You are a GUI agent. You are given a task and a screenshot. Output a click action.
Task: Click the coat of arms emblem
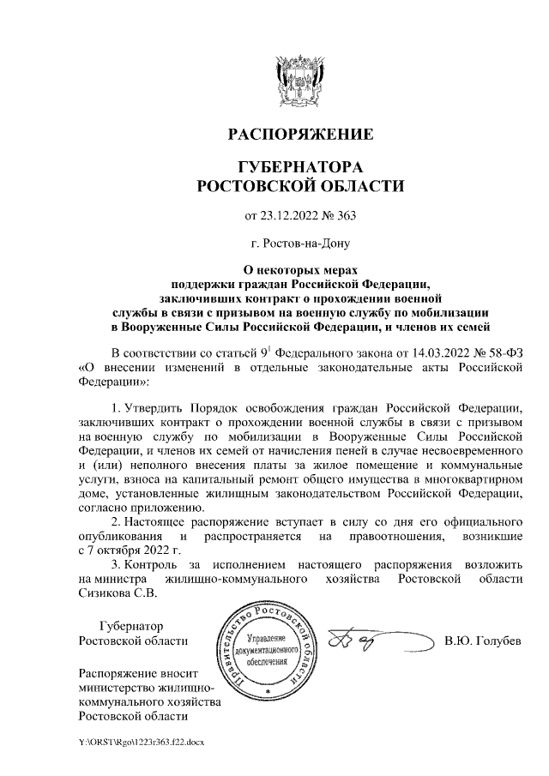point(299,78)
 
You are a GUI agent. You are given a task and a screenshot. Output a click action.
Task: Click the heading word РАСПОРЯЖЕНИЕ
point(299,135)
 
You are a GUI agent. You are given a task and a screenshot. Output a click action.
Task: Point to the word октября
point(116,550)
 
